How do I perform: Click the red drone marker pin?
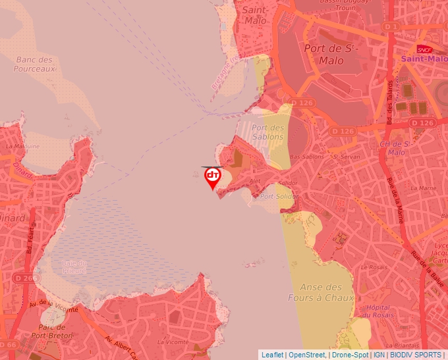tap(213, 177)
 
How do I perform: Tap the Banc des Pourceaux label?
tap(34, 64)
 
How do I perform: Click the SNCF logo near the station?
tap(424, 49)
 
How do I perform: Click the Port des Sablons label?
tap(267, 132)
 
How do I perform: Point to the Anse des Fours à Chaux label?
tap(321, 292)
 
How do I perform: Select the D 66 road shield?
tap(8, 345)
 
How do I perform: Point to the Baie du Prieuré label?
tap(74, 267)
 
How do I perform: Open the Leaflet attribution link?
tap(271, 355)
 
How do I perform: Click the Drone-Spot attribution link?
tap(350, 355)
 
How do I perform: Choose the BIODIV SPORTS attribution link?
tap(416, 355)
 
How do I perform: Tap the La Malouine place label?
tap(22, 146)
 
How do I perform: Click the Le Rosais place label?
tap(374, 267)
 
